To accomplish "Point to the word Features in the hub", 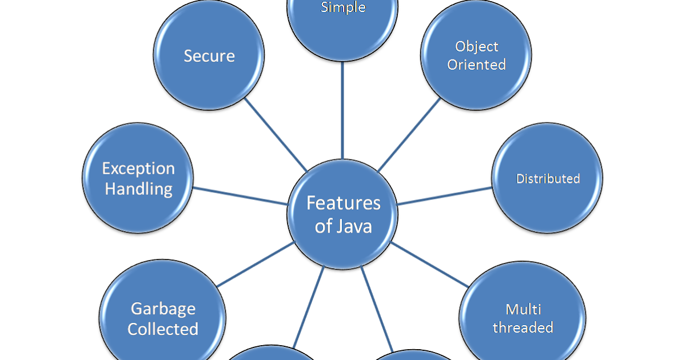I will pos(343,203).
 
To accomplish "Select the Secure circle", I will pos(209,55).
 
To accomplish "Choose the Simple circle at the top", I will pos(342,23).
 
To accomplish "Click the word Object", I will pos(477,46).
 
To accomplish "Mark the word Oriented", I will pos(477,65).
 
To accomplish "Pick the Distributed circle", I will pos(547,178).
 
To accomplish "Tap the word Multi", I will pos(523,309).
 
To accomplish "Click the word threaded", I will pos(523,327).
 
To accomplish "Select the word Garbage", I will pos(163,309).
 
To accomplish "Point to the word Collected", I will pos(163,329).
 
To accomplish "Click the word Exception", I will pos(138,169).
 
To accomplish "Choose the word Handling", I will pos(138,189).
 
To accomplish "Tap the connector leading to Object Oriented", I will pos(409,135).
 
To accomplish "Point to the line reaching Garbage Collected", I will pos(256,264).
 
